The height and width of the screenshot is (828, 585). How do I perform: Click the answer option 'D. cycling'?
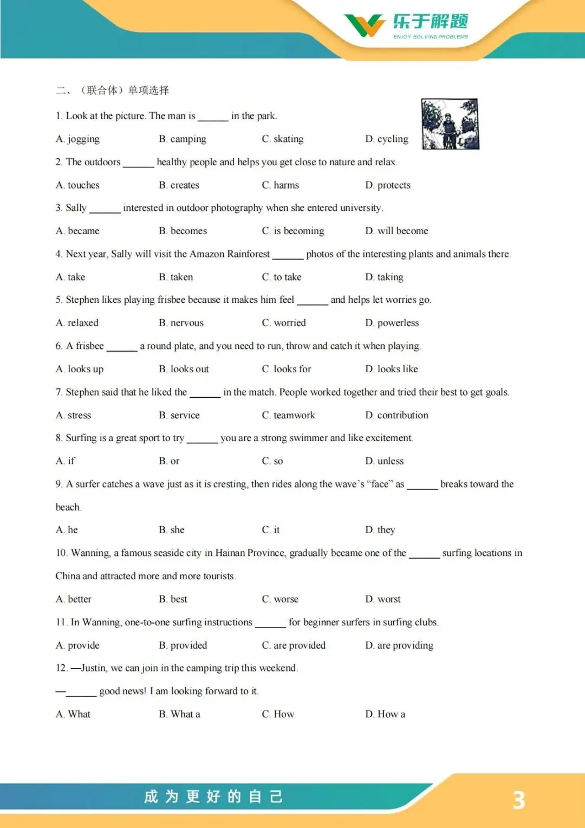387,139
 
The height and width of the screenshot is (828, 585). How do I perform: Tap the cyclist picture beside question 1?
450,124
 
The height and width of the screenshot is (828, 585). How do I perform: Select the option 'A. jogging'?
77,139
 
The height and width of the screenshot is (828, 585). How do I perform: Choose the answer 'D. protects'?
388,185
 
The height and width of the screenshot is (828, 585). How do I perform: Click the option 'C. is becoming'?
293,231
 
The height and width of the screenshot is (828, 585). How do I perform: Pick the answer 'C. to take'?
282,277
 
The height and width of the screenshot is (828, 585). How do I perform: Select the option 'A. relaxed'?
77,323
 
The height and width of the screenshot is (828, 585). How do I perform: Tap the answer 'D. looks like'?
392,369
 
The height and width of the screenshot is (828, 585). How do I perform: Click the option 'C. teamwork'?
288,416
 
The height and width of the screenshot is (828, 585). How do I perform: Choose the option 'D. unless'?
385,461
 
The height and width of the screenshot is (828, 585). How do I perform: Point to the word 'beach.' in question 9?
68,507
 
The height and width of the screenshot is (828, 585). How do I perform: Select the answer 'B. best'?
173,599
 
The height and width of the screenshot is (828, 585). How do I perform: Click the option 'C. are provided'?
294,645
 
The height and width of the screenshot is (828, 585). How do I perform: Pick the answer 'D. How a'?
385,714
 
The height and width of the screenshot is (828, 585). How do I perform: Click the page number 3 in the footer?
519,800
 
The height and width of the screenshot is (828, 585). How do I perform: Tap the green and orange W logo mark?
365,25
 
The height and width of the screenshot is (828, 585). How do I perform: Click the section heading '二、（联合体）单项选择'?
113,90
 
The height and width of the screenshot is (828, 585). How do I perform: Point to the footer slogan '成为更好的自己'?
213,797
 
